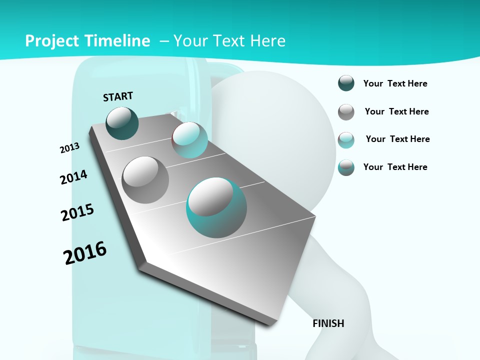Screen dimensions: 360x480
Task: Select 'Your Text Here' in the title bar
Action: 229,41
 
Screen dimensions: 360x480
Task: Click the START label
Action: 118,96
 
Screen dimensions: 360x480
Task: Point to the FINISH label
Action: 328,323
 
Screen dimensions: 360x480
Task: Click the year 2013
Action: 69,148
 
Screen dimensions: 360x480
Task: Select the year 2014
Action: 73,177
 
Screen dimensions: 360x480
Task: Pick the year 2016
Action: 85,253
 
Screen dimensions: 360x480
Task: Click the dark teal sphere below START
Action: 122,123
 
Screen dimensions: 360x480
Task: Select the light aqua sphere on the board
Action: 190,140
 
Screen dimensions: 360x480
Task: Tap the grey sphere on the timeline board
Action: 145,180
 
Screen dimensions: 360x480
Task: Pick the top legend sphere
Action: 346,83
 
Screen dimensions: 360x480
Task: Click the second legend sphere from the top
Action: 346,112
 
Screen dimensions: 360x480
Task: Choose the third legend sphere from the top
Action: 346,140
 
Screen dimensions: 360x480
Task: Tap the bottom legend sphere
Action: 346,167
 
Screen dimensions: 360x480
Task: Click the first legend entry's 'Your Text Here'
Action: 395,84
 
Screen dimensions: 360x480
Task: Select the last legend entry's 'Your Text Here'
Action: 395,167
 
